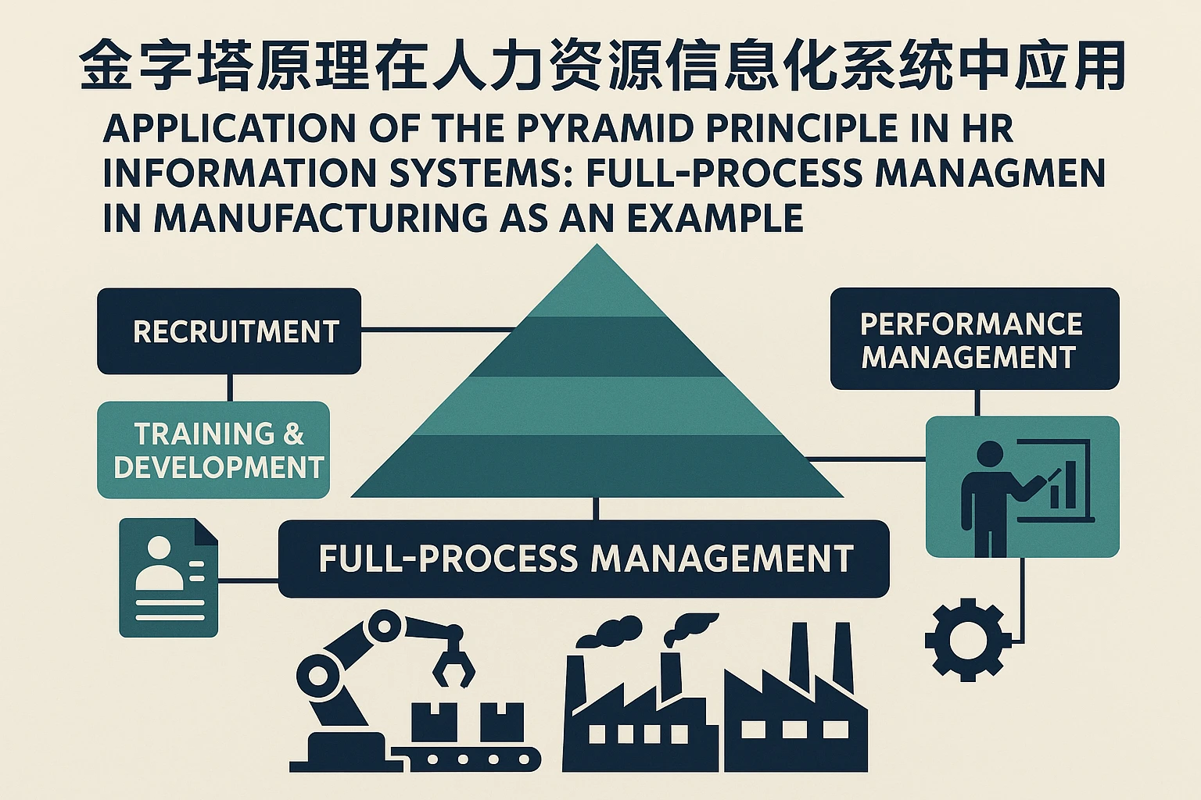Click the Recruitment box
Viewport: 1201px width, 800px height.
point(229,331)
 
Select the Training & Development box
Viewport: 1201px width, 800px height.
point(213,450)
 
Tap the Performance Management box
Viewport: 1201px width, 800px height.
point(974,339)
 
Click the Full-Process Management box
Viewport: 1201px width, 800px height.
point(584,559)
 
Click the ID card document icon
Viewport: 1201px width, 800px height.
point(169,578)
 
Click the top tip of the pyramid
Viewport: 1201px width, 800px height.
point(597,248)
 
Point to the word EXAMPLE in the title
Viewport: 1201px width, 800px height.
point(715,218)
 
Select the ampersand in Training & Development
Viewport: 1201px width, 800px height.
point(293,434)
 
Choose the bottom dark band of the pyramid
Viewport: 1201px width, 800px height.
point(597,465)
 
